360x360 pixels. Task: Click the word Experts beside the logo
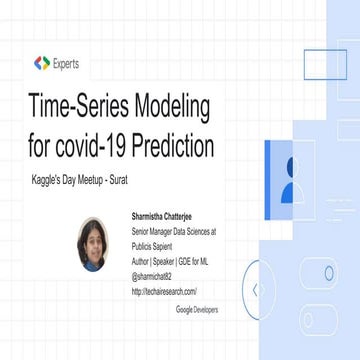point(71,62)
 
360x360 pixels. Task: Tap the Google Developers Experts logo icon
point(41,62)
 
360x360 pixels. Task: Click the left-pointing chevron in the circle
point(256,290)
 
